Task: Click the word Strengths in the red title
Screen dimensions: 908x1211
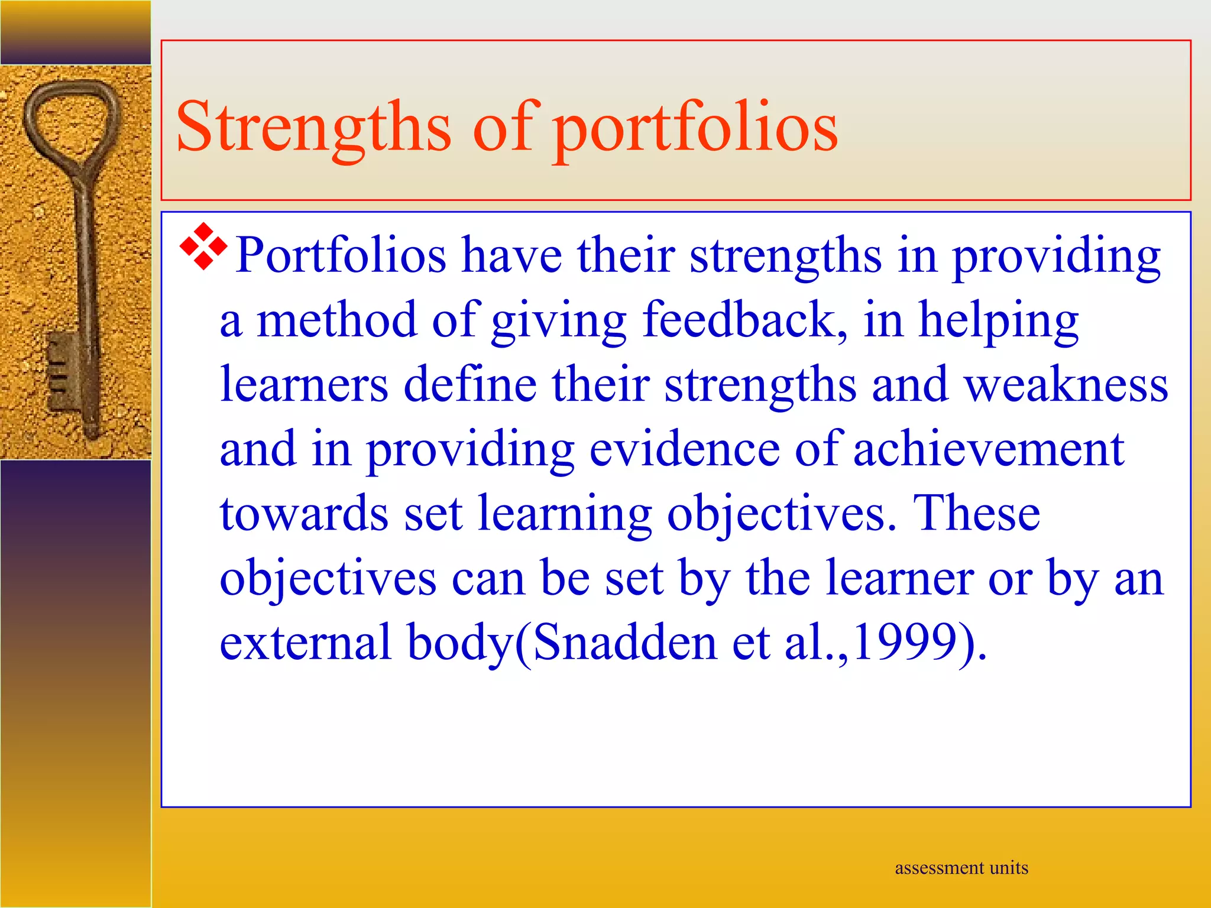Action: [313, 127]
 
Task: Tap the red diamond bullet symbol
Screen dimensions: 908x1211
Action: [203, 247]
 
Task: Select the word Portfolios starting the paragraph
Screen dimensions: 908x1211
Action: [341, 255]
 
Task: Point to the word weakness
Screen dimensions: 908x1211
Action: [1066, 384]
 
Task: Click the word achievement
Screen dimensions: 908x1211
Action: [988, 449]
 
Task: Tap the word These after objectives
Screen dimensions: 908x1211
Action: [976, 513]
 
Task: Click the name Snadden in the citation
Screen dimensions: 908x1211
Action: [624, 643]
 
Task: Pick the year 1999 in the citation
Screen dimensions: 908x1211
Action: [905, 643]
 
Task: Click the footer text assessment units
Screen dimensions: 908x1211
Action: [961, 868]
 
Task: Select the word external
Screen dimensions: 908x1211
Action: [305, 643]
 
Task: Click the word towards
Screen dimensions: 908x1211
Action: [304, 513]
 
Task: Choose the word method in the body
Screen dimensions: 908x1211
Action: [336, 320]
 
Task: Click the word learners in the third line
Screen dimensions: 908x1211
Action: [304, 384]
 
